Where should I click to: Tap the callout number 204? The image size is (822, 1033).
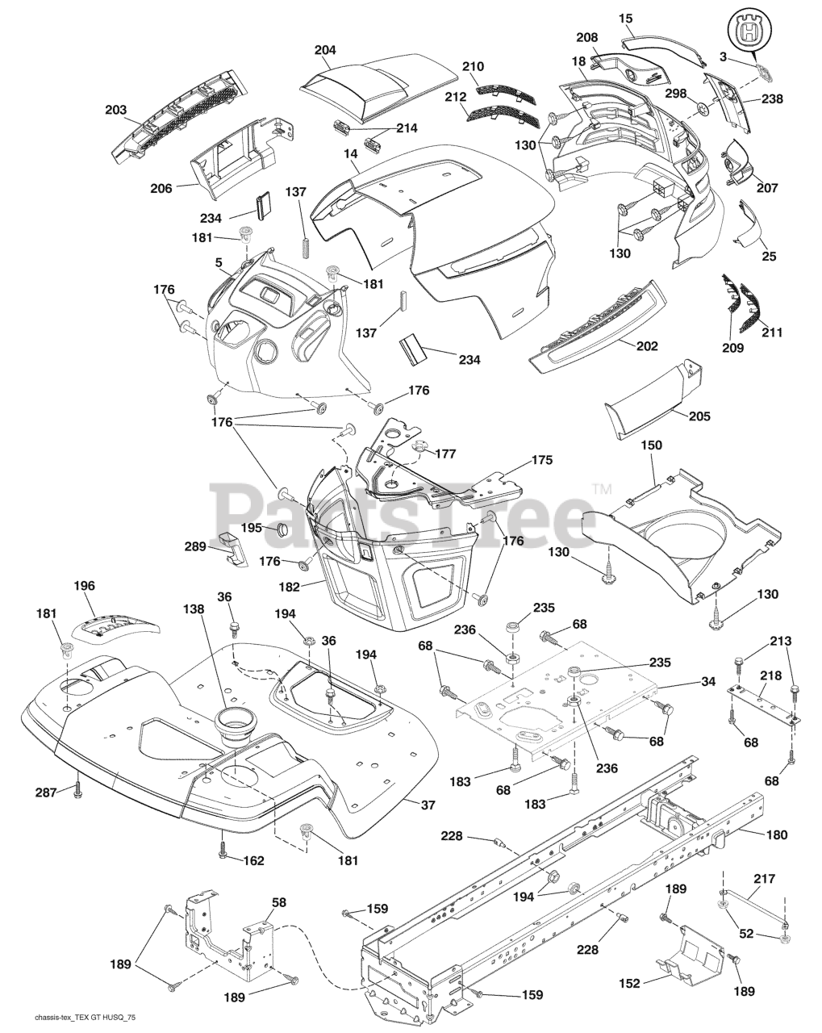[325, 50]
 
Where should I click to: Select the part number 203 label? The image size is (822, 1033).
[116, 110]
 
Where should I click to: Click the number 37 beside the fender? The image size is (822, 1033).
[428, 805]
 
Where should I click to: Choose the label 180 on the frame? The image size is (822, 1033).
[777, 835]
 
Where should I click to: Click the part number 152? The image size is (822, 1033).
[629, 983]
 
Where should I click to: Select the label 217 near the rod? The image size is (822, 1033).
[763, 872]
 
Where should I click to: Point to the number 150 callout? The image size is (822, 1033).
[651, 445]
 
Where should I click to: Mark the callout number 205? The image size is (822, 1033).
[700, 416]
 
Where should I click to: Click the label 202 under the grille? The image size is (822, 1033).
[646, 346]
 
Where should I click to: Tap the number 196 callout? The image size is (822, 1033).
[84, 585]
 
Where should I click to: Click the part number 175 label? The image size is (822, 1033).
[541, 460]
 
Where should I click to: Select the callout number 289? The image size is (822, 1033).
[196, 547]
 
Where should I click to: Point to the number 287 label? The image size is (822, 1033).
[45, 793]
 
